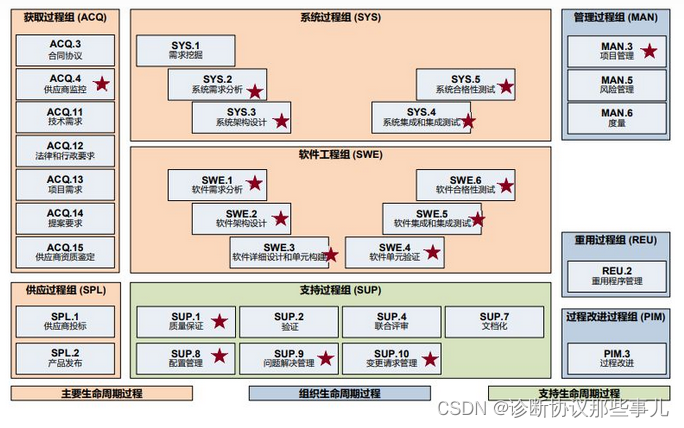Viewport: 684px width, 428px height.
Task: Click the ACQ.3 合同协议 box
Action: (x=65, y=51)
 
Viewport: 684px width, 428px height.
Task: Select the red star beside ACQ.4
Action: (x=101, y=85)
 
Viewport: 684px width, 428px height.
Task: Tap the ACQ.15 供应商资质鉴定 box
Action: (x=65, y=253)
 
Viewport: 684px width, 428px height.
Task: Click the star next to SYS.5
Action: (x=506, y=86)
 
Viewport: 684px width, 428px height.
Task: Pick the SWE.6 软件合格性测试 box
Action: (x=465, y=184)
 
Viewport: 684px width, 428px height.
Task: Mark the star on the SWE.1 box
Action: (x=255, y=183)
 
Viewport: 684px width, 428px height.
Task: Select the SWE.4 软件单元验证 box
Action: (x=394, y=252)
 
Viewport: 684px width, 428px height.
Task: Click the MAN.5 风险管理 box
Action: (x=616, y=85)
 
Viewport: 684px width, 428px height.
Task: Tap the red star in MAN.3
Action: (x=650, y=51)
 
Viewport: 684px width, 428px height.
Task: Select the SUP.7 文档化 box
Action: (x=493, y=321)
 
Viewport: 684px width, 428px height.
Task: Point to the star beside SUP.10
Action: (x=430, y=358)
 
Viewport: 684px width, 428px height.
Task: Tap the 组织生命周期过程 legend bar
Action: (x=340, y=393)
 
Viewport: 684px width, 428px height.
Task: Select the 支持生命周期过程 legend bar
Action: (x=560, y=393)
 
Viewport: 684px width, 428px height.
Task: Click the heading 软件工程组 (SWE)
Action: (x=340, y=155)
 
